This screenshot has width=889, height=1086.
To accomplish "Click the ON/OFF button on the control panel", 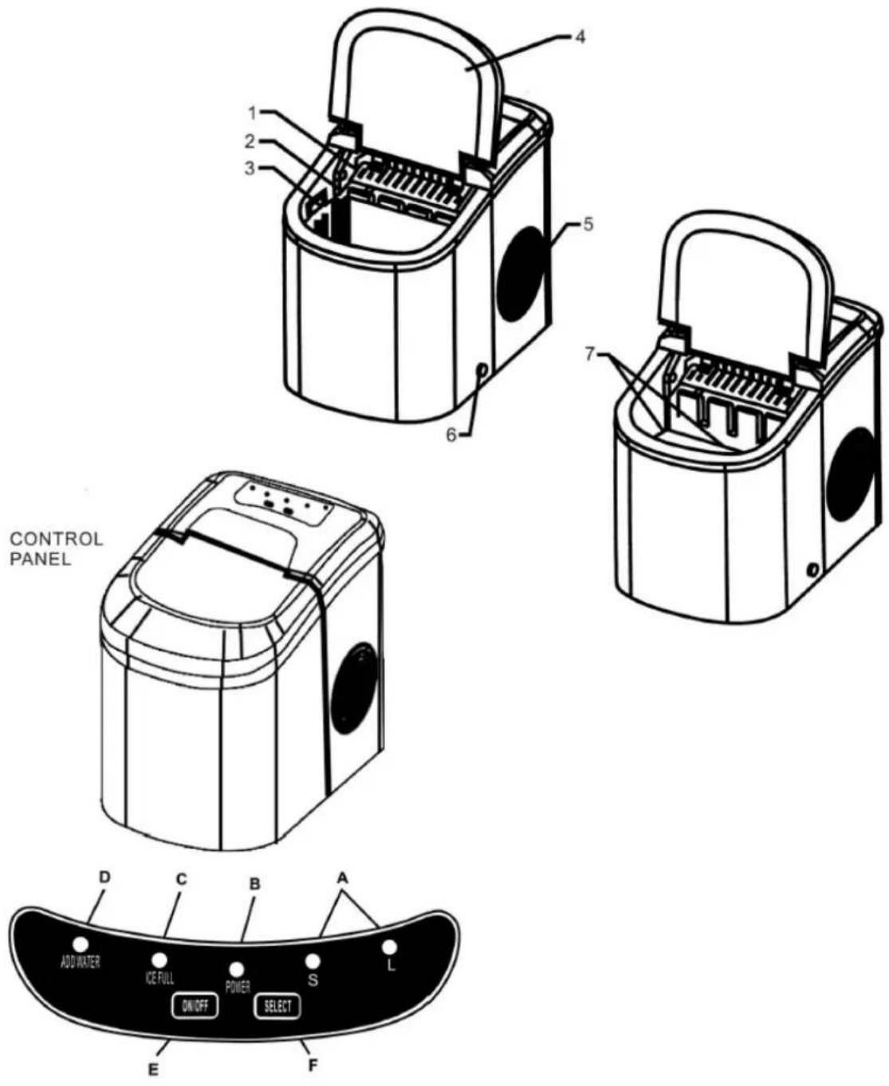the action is pos(195,1006).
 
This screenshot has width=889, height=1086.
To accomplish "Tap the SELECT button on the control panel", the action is pos(277,1005).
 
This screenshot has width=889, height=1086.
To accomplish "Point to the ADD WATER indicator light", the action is pos(81,943).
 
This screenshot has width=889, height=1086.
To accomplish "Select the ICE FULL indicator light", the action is pos(159,959).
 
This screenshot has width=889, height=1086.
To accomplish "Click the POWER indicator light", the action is pos(237,969).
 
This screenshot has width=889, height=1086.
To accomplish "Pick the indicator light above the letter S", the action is pos(313,961).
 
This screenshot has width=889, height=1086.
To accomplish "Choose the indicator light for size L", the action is pos(389,947).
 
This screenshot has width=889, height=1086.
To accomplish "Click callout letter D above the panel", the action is pos(104,877).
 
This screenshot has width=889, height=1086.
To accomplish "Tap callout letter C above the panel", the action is pos(181,879).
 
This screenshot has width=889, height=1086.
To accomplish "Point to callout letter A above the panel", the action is pos(343,878).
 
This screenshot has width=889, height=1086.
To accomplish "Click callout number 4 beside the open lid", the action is pos(580,37).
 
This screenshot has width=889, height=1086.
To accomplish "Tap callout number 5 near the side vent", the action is pos(588,225).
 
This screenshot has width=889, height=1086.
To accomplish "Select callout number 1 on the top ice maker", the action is pos(252,113).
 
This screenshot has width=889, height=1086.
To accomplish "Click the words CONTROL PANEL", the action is pos(57,549).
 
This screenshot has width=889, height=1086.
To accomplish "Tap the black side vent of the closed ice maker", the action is pos(356,688).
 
